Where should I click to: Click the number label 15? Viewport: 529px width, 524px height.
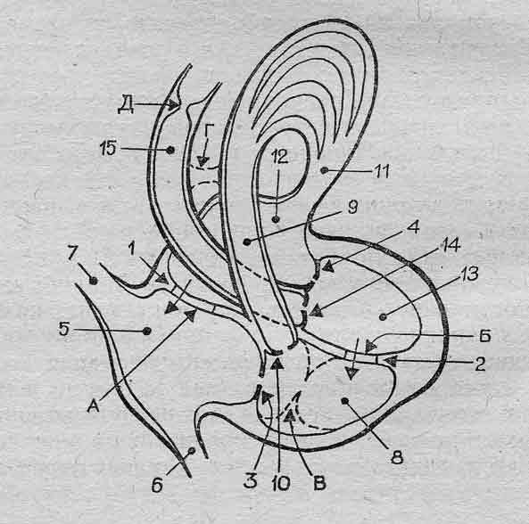tap(109, 149)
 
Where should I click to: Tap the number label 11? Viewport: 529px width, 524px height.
tap(383, 171)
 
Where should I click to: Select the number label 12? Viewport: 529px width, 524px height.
tap(280, 156)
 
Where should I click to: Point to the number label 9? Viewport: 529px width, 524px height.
tap(351, 207)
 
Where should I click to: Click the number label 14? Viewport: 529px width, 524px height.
tap(450, 245)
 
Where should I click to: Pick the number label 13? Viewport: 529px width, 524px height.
tap(469, 274)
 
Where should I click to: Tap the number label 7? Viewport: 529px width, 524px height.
tap(72, 253)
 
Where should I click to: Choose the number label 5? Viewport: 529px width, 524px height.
tap(63, 329)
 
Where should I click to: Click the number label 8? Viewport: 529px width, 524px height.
tap(397, 458)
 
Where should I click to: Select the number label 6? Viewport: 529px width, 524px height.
tap(158, 486)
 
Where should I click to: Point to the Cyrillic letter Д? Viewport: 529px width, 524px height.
tap(126, 106)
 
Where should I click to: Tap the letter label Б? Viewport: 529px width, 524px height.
tap(485, 335)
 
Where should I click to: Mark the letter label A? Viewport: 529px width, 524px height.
tap(94, 406)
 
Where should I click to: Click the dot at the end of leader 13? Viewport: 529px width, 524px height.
tap(383, 317)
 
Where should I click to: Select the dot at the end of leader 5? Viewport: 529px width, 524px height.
tap(146, 331)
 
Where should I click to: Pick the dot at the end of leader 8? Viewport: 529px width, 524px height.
tap(344, 401)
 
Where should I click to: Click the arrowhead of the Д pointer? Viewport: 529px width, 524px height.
tap(173, 104)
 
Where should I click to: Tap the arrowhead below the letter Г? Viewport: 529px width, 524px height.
tap(202, 161)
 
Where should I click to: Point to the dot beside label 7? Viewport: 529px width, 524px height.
tap(94, 280)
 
